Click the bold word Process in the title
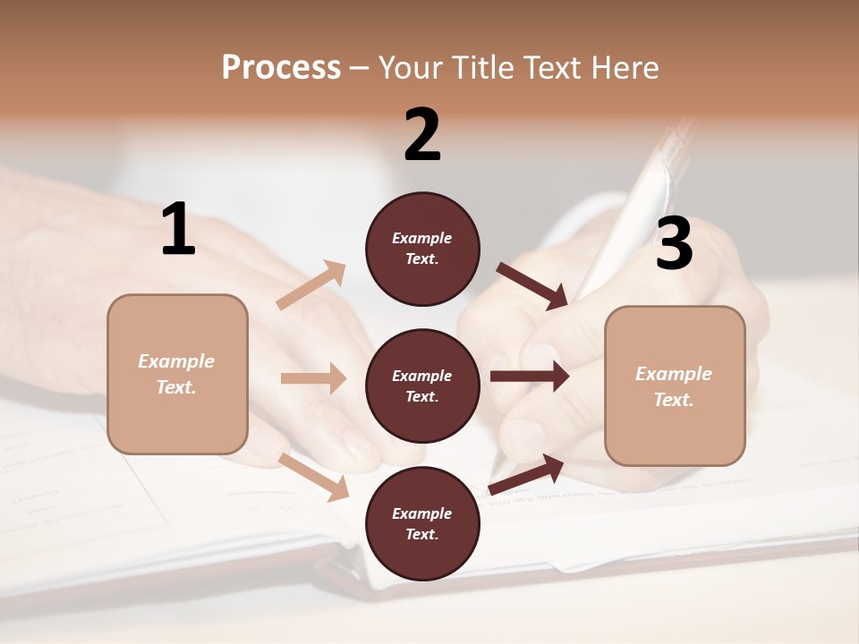tap(281, 67)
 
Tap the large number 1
tap(178, 230)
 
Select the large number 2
tap(422, 135)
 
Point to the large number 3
tap(674, 244)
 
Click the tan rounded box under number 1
tap(177, 374)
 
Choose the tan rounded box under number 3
tap(675, 386)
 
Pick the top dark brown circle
tap(422, 249)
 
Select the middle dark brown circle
tap(422, 386)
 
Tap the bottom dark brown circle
tap(422, 523)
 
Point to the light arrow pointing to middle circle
tap(313, 378)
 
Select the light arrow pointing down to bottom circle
tap(314, 476)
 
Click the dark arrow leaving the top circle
tap(533, 286)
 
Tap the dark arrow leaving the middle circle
tap(530, 377)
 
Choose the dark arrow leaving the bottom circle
tap(527, 474)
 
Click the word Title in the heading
tap(484, 67)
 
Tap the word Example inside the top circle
tap(422, 238)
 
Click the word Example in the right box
tap(674, 374)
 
